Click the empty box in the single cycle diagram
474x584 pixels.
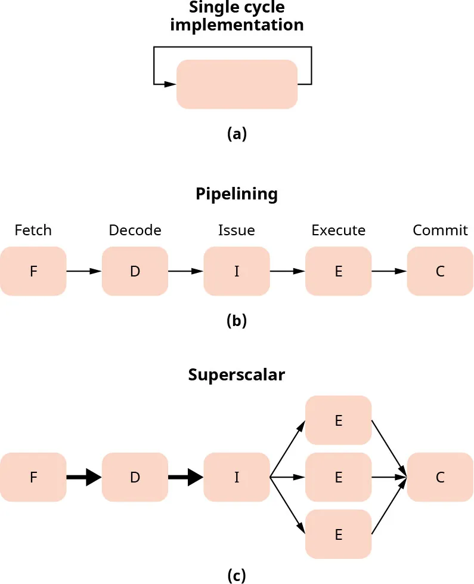[x=237, y=84]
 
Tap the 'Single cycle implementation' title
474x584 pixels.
[x=237, y=17]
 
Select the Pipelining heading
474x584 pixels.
[x=237, y=194]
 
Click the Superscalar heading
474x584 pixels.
[x=237, y=375]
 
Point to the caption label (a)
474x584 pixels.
[x=237, y=134]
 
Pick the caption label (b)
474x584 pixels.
[x=237, y=321]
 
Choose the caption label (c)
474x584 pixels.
[x=237, y=576]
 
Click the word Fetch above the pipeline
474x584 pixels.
[x=33, y=230]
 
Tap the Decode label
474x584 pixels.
[x=135, y=230]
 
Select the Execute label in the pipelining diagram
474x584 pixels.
[x=338, y=230]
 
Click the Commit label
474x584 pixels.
[x=440, y=230]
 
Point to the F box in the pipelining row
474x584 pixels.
[x=33, y=271]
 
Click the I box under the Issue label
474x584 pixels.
[x=237, y=271]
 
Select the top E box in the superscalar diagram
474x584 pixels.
[x=338, y=420]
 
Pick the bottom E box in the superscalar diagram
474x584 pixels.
[x=338, y=534]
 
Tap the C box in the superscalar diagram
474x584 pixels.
[x=440, y=477]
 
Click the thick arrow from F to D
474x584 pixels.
[x=84, y=477]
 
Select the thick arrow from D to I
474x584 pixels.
[x=186, y=477]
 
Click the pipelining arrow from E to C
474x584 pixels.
[x=389, y=271]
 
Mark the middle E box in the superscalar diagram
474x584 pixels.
[x=338, y=477]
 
